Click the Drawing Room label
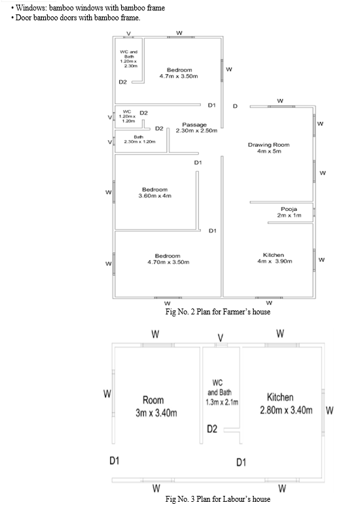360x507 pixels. [268, 148]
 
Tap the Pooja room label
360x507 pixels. [289, 212]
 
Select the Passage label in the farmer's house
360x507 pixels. [196, 127]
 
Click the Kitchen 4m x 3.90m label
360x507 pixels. [274, 258]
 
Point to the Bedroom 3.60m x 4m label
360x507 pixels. [154, 193]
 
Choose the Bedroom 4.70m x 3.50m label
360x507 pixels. [168, 259]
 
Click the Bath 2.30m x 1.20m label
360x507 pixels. [139, 140]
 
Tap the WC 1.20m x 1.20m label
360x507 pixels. [127, 116]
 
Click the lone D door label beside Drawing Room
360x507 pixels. [235, 106]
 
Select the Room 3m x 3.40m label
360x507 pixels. [156, 406]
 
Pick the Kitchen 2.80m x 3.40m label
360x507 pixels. [286, 404]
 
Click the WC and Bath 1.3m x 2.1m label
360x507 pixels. [222, 392]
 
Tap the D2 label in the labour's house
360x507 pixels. [212, 429]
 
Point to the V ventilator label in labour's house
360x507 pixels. [221, 338]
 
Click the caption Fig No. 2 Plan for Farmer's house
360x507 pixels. [218, 312]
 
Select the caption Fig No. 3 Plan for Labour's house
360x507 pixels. [218, 499]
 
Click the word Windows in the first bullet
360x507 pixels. [31, 8]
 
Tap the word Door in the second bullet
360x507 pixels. [23, 18]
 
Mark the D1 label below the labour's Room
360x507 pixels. [115, 460]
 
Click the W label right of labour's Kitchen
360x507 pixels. [329, 410]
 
